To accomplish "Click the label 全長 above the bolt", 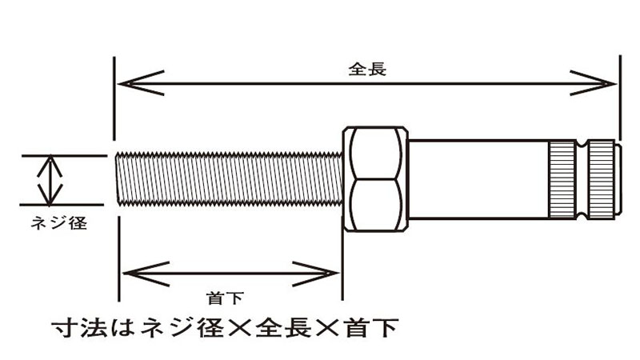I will coord(368,69).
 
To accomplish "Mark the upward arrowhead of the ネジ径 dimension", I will coord(51,163).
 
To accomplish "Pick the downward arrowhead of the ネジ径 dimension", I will coord(51,196).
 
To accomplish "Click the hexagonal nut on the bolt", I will coord(374,178).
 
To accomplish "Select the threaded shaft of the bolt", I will coord(228,178).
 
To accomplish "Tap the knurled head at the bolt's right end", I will coord(582,178).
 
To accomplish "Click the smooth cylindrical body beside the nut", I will coord(476,178).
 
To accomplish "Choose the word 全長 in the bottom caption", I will coord(280,327).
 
